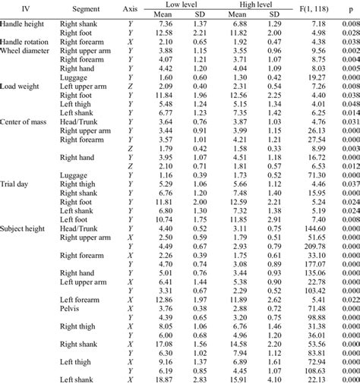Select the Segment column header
coord(83,8)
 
